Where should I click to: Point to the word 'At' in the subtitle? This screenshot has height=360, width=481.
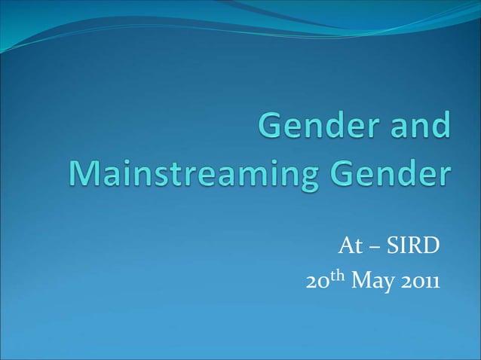click(x=348, y=246)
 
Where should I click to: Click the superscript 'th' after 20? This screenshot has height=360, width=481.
click(x=336, y=276)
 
